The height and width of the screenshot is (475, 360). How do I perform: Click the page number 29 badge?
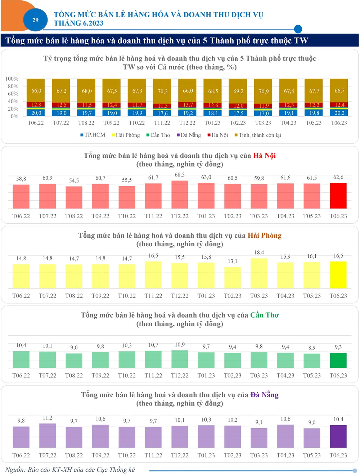pos(35,20)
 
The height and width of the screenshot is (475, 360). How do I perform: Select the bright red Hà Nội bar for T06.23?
pos(338,196)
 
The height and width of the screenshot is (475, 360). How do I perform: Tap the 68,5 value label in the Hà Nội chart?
pos(180,175)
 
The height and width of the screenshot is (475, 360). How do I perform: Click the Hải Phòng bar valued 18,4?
pos(259,273)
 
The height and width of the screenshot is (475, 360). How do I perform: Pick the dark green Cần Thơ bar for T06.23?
pos(338,360)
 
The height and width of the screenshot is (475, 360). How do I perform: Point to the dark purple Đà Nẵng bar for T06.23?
pos(338,436)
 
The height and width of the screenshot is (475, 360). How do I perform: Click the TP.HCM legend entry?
pos(93,135)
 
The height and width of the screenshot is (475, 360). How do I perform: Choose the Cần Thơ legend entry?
pos(158,135)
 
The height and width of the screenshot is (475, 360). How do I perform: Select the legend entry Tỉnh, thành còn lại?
pos(258,135)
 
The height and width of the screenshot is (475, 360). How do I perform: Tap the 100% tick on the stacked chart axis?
pos(12,79)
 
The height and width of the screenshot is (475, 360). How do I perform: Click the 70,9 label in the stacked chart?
pos(264,91)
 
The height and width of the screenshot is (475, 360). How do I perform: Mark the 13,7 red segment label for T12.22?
pos(188,105)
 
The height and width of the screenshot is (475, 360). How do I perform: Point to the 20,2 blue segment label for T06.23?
pos(339,113)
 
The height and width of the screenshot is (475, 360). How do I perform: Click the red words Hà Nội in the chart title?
pos(264,156)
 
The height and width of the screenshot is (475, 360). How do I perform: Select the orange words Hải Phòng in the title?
pos(264,236)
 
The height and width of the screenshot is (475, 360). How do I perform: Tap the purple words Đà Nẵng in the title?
pos(264,395)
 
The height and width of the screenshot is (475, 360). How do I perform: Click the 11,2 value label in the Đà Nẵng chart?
pos(48,418)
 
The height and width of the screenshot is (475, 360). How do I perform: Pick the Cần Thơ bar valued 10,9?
pos(180,359)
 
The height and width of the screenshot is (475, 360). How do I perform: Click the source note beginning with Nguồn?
pos(70,470)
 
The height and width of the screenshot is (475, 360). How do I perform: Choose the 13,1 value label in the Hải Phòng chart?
pos(233,261)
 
